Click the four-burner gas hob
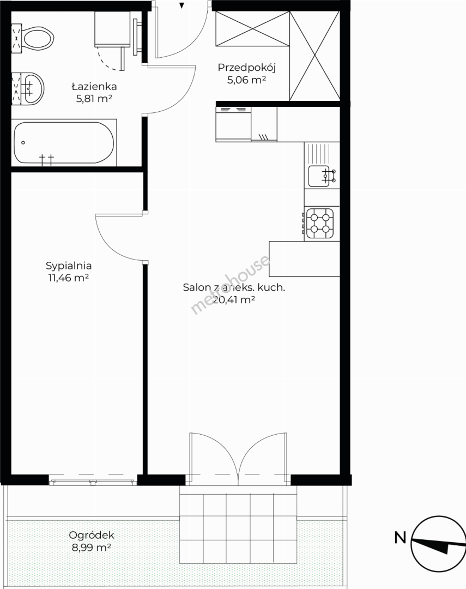coord(320,224)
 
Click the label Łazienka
coord(94,86)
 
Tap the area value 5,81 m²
coord(94,99)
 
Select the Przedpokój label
coord(247,68)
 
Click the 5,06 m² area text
coord(247,80)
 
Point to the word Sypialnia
coord(69,266)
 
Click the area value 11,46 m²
coord(68,278)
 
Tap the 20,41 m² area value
coord(234,300)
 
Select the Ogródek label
coord(91,536)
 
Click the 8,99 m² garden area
coord(91,548)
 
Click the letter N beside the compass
coord(400,538)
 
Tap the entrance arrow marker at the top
coord(181,5)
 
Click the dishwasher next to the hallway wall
coord(233,124)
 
